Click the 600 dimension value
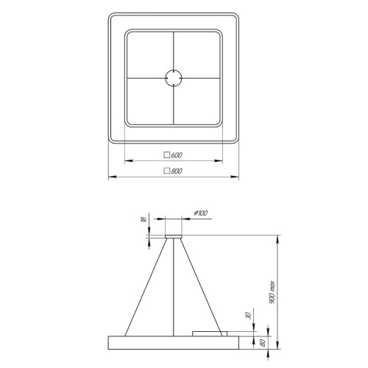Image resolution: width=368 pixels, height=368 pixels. (x=177, y=155)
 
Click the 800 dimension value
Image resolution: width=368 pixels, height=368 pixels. (x=177, y=171)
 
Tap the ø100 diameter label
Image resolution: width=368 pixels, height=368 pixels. (x=200, y=213)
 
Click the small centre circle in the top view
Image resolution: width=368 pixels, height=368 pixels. (x=174, y=77)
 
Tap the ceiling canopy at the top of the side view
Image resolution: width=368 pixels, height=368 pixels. (x=174, y=237)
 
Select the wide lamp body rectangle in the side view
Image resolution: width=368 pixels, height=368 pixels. (x=174, y=343)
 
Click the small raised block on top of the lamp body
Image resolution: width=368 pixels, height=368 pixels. (x=214, y=334)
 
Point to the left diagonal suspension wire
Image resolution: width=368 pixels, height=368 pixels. (x=145, y=287)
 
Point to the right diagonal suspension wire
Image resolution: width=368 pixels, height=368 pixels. (x=202, y=287)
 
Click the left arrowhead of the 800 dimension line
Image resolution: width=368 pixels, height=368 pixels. (x=110, y=176)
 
